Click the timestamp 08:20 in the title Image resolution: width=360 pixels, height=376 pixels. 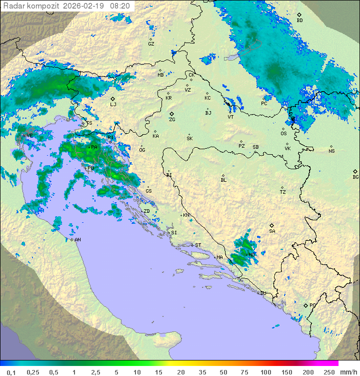pyautogui.click(x=120, y=6)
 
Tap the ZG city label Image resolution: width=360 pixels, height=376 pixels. pyautogui.click(x=172, y=120)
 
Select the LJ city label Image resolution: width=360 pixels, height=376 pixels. pyautogui.click(x=113, y=105)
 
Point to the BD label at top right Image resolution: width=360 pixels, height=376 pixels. pyautogui.click(x=299, y=21)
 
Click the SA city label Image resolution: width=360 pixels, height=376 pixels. pyautogui.click(x=272, y=231)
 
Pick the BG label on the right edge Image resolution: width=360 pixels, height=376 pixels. pyautogui.click(x=355, y=177)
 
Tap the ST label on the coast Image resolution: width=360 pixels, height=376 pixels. pyautogui.click(x=198, y=245)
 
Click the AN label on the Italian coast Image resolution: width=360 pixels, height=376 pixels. pyautogui.click(x=77, y=240)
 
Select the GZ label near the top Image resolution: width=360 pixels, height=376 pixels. pyautogui.click(x=151, y=44)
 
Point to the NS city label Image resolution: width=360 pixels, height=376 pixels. pyautogui.click(x=331, y=151)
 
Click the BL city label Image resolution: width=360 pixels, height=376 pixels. pyautogui.click(x=223, y=180)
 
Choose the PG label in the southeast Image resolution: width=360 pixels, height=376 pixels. pyautogui.click(x=312, y=305)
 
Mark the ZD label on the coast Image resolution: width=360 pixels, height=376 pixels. pyautogui.click(x=146, y=211)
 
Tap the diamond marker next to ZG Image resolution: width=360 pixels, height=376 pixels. pyautogui.click(x=171, y=114)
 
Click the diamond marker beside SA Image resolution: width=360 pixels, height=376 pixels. pyautogui.click(x=272, y=225)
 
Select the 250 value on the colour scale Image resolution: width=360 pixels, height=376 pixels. pyautogui.click(x=329, y=372)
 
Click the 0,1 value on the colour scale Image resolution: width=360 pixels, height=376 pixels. pyautogui.click(x=11, y=372)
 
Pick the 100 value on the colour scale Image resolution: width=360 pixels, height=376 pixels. pyautogui.click(x=265, y=372)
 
